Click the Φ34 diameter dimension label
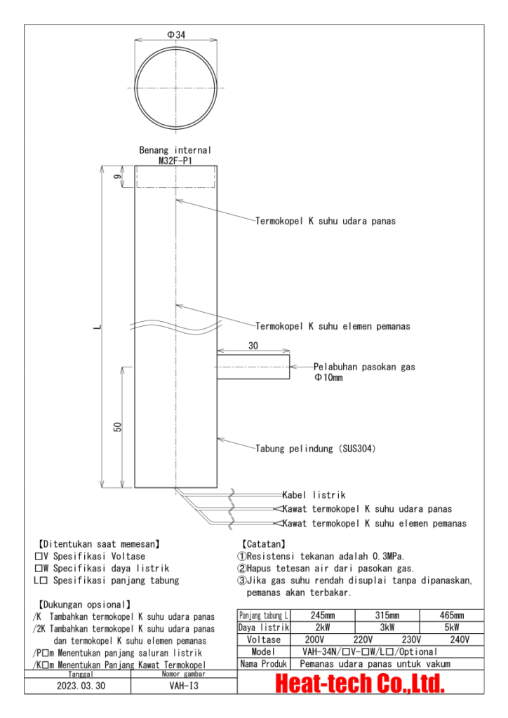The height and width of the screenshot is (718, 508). click(x=176, y=34)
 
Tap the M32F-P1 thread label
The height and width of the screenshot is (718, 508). click(x=175, y=159)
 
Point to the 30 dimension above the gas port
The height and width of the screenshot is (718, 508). click(x=253, y=346)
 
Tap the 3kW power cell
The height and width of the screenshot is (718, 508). click(x=387, y=628)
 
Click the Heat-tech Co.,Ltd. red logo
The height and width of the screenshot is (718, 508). click(x=361, y=683)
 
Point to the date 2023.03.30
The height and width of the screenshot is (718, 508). click(x=81, y=686)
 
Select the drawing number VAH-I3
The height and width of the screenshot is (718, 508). click(x=181, y=686)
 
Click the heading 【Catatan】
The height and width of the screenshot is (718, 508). click(x=262, y=543)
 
